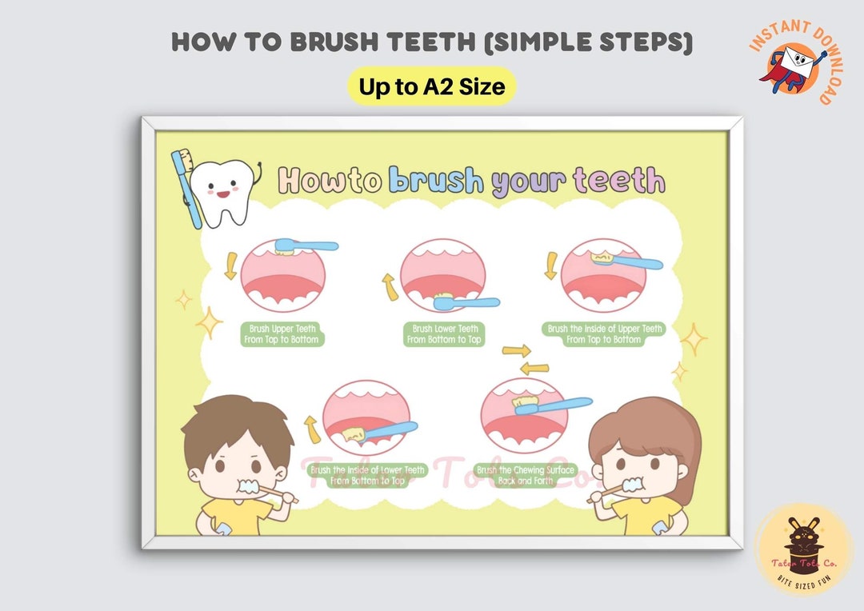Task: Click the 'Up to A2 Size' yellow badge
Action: pyautogui.click(x=431, y=86)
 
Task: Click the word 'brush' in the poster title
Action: pyautogui.click(x=436, y=182)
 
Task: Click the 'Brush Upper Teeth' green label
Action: pyautogui.click(x=283, y=334)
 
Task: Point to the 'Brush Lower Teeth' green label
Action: pyautogui.click(x=445, y=334)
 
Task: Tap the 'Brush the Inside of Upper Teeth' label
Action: pyautogui.click(x=604, y=334)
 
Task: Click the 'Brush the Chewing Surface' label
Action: pyautogui.click(x=525, y=476)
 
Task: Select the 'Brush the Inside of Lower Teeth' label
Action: pyautogui.click(x=367, y=476)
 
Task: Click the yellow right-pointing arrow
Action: pyautogui.click(x=517, y=350)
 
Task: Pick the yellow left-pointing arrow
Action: pyautogui.click(x=534, y=368)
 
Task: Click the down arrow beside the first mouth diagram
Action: pyautogui.click(x=230, y=266)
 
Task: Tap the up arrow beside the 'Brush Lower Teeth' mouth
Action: pyautogui.click(x=390, y=287)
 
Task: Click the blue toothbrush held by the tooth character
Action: pyautogui.click(x=186, y=188)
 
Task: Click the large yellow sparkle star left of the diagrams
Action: pyautogui.click(x=209, y=322)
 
